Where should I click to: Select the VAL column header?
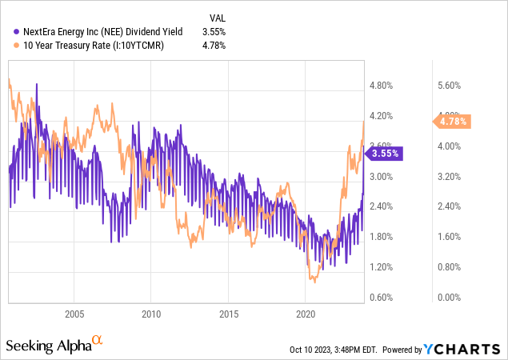point(216,18)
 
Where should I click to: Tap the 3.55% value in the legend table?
point(214,32)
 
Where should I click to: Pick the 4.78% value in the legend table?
point(214,46)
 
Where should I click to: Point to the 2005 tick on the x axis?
point(74,313)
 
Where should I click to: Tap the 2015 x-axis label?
point(230,313)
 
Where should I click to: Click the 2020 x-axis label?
point(307,313)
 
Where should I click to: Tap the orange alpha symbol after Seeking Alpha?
point(98,341)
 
